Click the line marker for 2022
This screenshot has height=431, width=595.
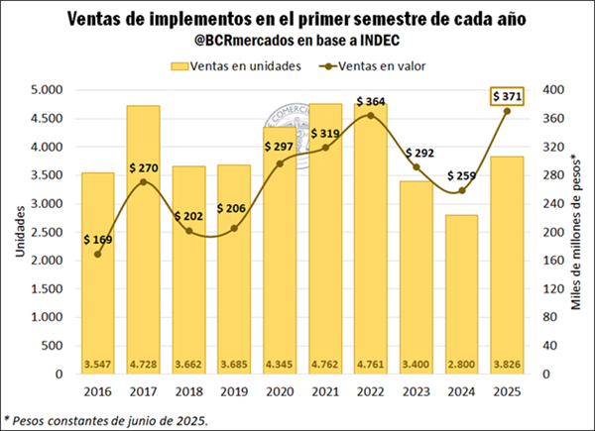(x=370, y=116)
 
